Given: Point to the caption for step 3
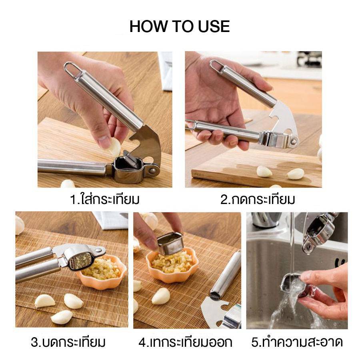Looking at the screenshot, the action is pos(68,342).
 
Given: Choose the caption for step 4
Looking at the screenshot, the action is pos(185,342).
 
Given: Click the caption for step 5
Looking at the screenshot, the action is pos(297,342).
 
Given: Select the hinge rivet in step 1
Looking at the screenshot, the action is pos(152,170).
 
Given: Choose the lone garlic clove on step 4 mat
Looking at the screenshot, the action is pos(161,296).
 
